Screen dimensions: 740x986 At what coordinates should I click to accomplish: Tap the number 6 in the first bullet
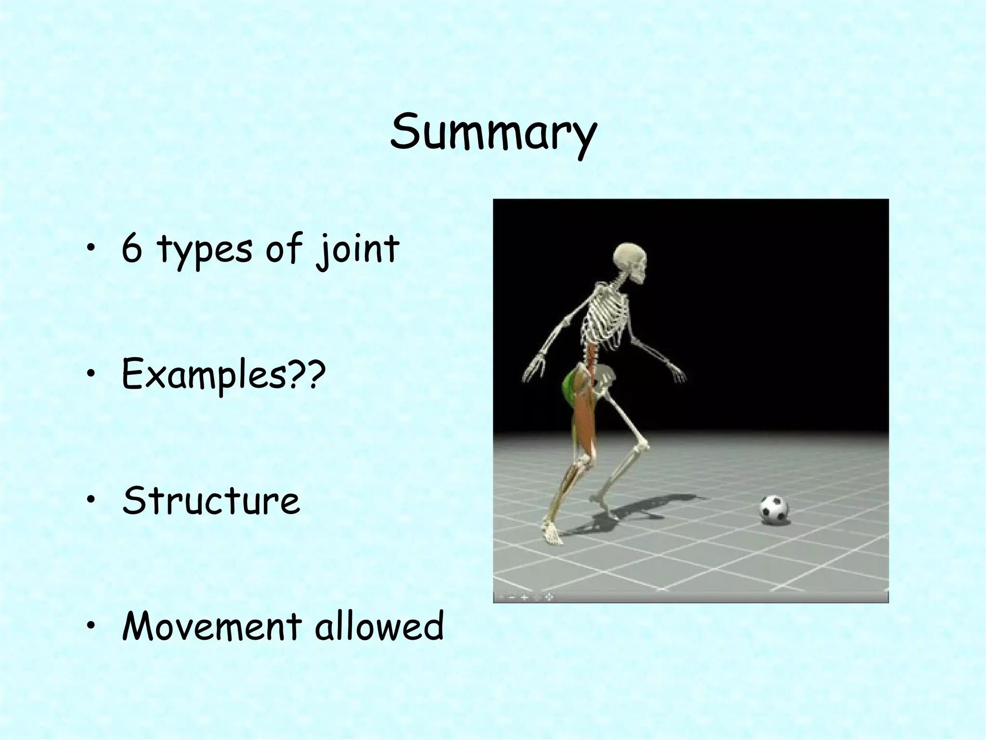pos(131,249)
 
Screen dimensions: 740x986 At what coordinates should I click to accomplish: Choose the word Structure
pos(211,501)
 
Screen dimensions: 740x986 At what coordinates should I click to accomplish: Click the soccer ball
pos(774,510)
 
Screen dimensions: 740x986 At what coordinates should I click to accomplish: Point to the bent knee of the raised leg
pos(643,443)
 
